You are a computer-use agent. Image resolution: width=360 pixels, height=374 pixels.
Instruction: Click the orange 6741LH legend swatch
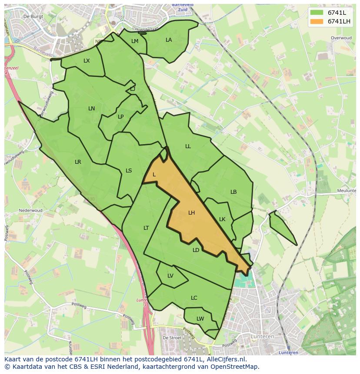click(317, 21)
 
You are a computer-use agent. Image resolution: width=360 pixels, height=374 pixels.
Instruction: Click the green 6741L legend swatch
click(317, 13)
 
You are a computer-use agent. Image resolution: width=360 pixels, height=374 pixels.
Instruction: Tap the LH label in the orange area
click(191, 213)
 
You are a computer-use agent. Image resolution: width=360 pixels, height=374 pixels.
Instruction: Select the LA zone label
click(169, 40)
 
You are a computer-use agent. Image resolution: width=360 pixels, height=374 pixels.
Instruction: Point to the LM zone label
click(135, 41)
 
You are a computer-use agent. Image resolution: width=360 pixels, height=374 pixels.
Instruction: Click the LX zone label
click(87, 61)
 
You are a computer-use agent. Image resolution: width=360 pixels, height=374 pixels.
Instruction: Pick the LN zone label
click(91, 109)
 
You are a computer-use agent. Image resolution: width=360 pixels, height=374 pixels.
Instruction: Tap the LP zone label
click(120, 117)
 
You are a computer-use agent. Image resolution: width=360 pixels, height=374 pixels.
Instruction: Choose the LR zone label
click(78, 162)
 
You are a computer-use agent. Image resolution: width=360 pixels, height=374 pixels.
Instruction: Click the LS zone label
click(129, 171)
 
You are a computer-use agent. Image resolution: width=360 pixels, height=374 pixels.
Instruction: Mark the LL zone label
click(188, 146)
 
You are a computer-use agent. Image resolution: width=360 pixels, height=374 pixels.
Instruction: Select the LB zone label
click(233, 192)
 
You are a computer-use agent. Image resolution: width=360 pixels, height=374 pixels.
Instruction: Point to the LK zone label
click(222, 219)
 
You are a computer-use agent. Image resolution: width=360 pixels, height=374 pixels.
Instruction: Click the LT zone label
click(146, 228)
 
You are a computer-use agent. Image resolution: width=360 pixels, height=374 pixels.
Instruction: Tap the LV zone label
click(170, 276)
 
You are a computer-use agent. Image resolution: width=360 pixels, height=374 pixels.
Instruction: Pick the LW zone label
click(200, 319)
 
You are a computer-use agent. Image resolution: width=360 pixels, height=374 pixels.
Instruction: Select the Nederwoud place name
click(30, 211)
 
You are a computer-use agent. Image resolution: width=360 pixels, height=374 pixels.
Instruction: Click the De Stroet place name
click(171, 338)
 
